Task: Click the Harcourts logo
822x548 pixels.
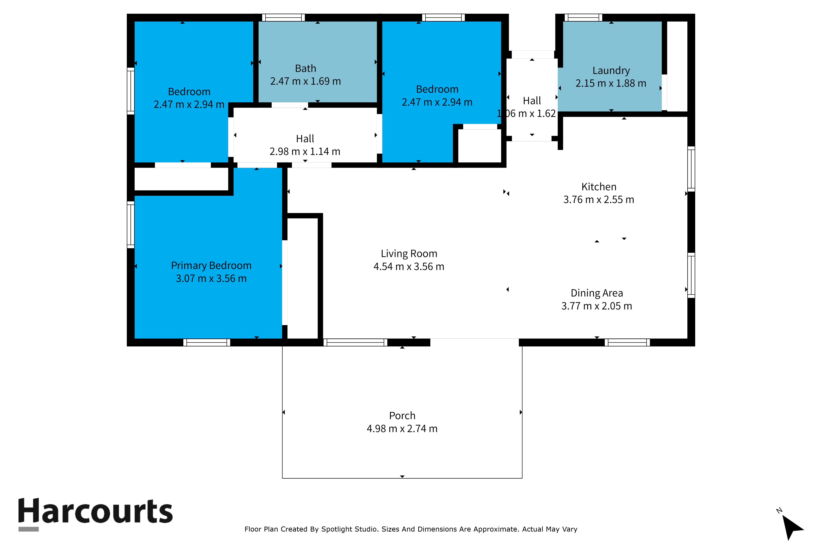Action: click(x=95, y=514)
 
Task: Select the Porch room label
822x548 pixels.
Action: click(x=402, y=415)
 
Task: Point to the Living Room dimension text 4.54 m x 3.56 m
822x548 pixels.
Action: click(x=409, y=267)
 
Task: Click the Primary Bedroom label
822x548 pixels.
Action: click(x=211, y=266)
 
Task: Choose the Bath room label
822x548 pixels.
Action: click(x=305, y=68)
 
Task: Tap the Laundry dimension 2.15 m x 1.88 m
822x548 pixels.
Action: click(x=611, y=83)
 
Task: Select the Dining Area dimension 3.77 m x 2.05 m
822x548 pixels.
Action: click(x=597, y=306)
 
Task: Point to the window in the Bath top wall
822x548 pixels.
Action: click(x=283, y=17)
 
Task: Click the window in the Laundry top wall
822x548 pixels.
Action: click(x=583, y=17)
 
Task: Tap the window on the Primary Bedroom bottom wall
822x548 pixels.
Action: click(x=207, y=343)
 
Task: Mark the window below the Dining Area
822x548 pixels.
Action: click(x=627, y=343)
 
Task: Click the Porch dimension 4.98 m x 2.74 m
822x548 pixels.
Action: click(x=402, y=429)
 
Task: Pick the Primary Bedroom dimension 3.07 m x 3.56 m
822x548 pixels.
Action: click(x=211, y=279)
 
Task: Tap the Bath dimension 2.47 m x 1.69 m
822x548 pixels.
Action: click(x=305, y=81)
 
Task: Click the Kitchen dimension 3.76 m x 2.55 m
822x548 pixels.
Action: click(x=599, y=200)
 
